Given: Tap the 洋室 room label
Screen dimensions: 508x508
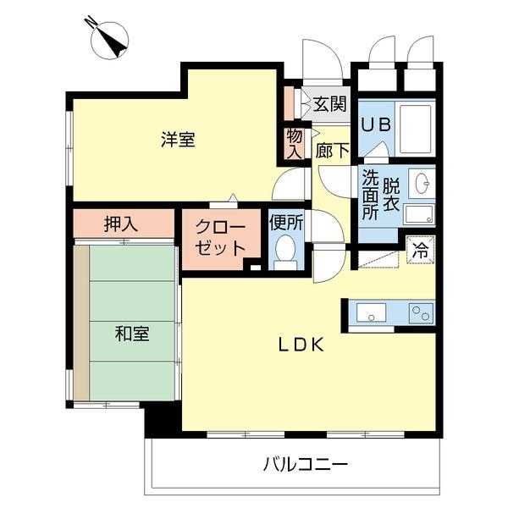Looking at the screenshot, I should (x=179, y=140).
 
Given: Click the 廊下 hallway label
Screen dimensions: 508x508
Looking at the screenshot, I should (x=331, y=152).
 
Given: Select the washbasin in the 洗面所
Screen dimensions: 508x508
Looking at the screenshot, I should (x=421, y=181).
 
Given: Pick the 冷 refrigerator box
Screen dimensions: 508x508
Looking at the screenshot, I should (x=420, y=251).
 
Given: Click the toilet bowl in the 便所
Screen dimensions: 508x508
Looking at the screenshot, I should (x=284, y=250).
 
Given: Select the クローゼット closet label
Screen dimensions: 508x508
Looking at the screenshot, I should (x=222, y=237).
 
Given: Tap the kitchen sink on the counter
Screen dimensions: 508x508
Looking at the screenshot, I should (x=371, y=312).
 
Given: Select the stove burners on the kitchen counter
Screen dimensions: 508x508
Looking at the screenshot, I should (x=420, y=312).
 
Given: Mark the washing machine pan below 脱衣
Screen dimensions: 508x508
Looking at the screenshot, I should (x=418, y=213).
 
